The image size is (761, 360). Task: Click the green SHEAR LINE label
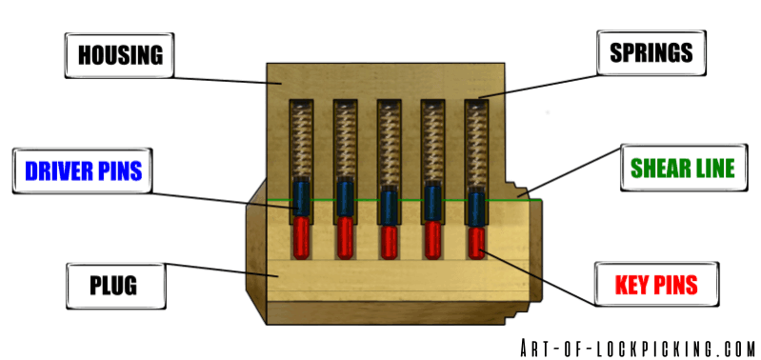682,170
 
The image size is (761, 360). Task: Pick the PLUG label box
108,285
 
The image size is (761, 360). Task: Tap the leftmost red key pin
300,234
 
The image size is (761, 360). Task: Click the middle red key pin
389,240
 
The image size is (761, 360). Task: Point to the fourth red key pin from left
433,237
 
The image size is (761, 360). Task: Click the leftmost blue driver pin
300,198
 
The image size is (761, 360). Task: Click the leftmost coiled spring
300,138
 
